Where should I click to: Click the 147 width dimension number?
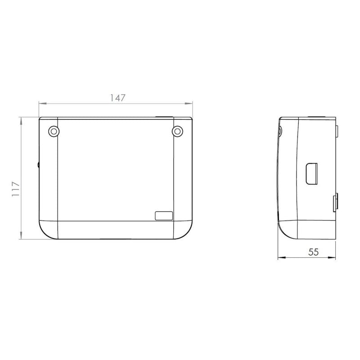(118, 98)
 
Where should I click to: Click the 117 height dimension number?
(16, 189)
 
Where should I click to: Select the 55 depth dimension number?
(313, 252)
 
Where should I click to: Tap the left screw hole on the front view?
(54, 131)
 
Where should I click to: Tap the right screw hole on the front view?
(177, 131)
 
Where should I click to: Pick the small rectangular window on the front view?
(164, 216)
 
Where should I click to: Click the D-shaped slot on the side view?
(311, 174)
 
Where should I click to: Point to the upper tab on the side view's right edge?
(336, 131)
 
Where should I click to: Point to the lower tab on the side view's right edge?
(335, 202)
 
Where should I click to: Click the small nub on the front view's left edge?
(38, 164)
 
